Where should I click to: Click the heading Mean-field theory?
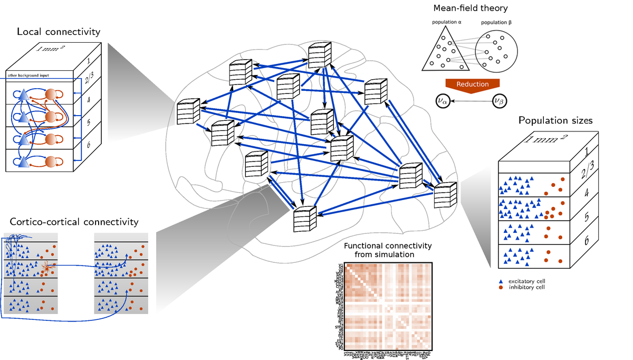(471, 8)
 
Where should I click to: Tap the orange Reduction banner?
(473, 84)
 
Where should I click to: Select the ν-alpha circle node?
(444, 100)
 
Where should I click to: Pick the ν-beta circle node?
(500, 100)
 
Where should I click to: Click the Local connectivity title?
(59, 32)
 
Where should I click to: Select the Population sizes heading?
(555, 121)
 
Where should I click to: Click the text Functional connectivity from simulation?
(387, 250)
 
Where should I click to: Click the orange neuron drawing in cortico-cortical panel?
(46, 269)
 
